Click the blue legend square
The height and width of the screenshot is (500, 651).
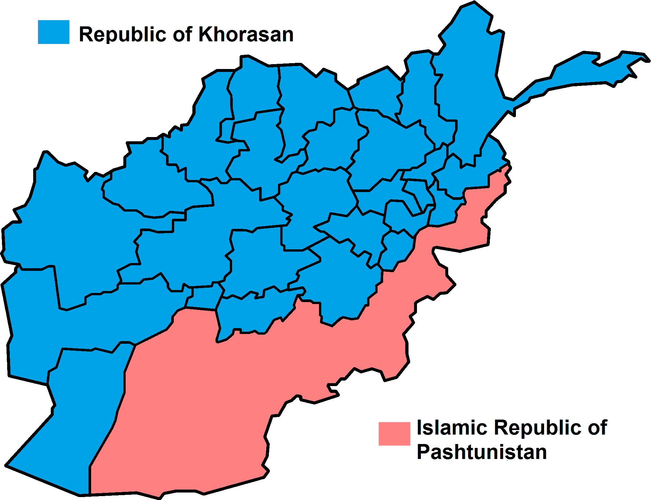[54, 32]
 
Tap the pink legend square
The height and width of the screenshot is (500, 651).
[394, 434]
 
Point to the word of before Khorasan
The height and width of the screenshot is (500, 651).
[182, 34]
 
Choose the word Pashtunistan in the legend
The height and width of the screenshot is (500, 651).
[482, 452]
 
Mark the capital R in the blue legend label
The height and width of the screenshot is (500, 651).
[86, 34]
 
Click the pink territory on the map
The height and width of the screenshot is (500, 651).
[260, 374]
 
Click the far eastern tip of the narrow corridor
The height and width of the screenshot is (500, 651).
[648, 60]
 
